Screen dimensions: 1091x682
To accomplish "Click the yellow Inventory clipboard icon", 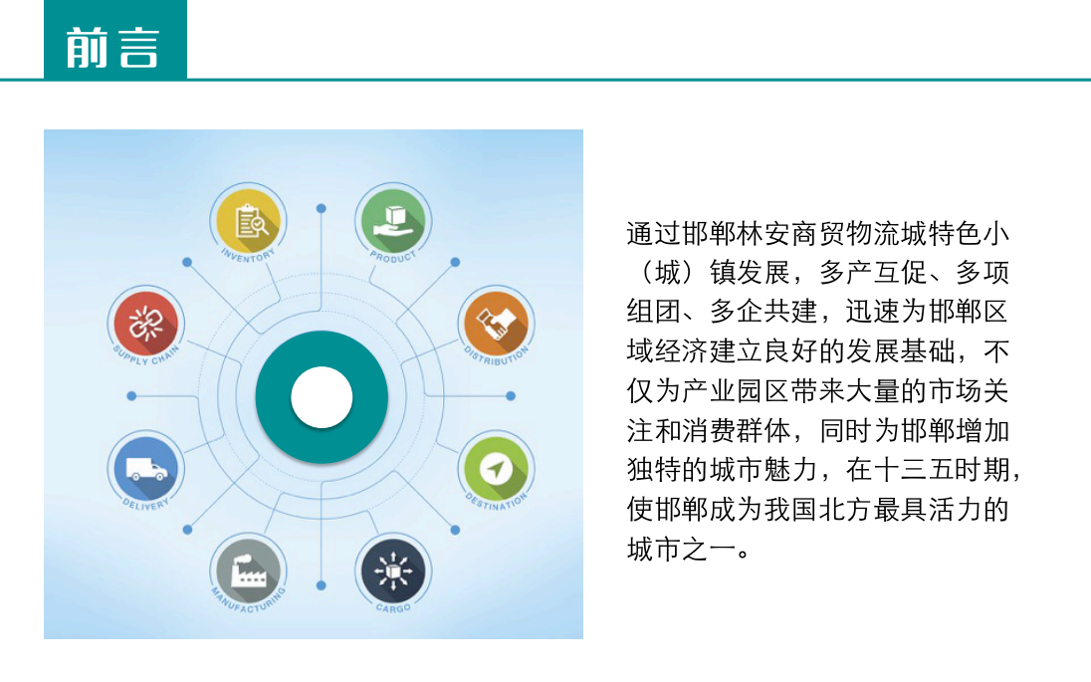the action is point(249,221).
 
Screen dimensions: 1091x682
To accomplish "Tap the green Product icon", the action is point(393,221).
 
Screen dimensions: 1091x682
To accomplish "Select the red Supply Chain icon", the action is point(146,324).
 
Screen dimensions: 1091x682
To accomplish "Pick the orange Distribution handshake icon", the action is point(496,324).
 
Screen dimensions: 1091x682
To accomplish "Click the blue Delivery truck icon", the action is point(146,468).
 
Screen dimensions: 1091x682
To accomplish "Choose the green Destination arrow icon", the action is point(496,468).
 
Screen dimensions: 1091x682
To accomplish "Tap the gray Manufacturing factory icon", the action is point(249,571).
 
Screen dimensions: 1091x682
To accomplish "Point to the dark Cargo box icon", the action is point(393,571).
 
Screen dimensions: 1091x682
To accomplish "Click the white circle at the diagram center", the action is point(322,396).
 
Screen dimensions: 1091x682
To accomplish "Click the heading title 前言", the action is point(112,48).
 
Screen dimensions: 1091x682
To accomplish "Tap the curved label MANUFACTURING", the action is point(249,601).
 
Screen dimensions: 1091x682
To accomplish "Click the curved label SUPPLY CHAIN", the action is point(146,355).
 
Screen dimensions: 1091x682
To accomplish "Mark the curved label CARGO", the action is point(393,608).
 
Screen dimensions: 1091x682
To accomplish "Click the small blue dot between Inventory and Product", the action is point(321,208).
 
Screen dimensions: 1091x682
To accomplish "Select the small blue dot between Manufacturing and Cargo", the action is point(321,586).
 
